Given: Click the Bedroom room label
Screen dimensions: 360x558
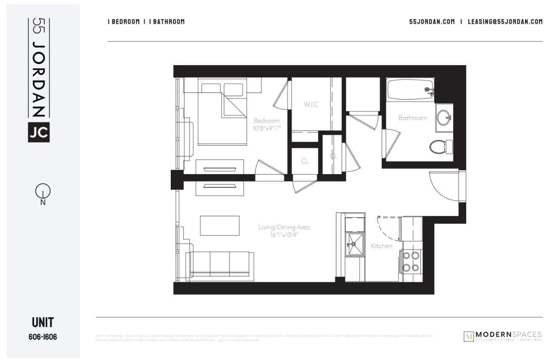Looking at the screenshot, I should tap(266, 121).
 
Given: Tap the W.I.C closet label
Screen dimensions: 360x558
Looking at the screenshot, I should tap(311, 104).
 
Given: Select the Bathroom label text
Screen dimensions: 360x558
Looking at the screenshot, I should tap(413, 118).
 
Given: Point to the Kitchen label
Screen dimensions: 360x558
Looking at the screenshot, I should tap(381, 246).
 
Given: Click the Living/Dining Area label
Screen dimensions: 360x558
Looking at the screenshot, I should tap(284, 227).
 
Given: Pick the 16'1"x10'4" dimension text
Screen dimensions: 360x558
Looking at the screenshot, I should tap(284, 235).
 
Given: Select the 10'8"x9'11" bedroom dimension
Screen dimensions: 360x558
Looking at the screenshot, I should tap(267, 128).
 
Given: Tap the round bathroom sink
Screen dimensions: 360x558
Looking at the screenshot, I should tap(444, 117).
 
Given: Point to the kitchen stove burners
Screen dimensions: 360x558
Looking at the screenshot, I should tap(411, 262).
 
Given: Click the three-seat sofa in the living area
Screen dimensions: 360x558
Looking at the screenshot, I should tap(220, 264).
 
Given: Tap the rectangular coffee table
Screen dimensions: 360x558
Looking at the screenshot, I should tap(220, 226).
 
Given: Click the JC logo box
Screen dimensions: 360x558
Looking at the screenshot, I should tap(39, 132).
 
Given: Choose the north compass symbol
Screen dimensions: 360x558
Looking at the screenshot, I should tap(43, 192).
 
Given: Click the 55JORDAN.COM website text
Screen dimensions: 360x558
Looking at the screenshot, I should tap(432, 22).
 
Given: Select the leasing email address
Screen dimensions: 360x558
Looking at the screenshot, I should tap(505, 22).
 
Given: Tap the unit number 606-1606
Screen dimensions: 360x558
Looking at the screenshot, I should tap(43, 337).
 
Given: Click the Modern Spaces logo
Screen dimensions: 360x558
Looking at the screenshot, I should tap(503, 336).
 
